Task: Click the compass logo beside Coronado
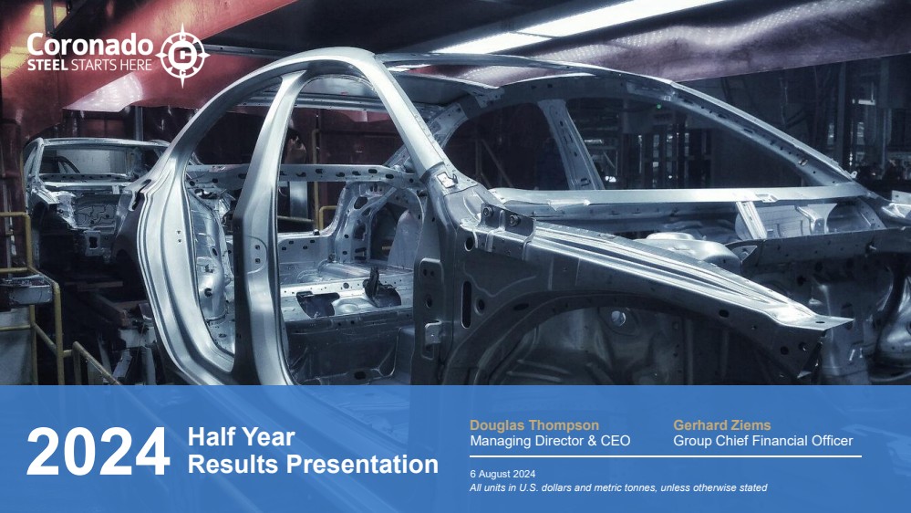point(182,56)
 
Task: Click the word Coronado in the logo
point(90,45)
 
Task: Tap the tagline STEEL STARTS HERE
point(89,65)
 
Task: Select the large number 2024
point(98,451)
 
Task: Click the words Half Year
point(241,437)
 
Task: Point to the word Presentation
point(363,464)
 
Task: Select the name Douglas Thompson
point(534,425)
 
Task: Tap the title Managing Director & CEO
point(550,441)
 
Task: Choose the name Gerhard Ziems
point(721,425)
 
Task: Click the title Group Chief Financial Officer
point(763,441)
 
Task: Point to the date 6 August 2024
point(502,474)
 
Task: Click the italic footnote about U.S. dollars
point(618,487)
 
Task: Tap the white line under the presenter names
point(665,456)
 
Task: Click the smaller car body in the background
point(88,192)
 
